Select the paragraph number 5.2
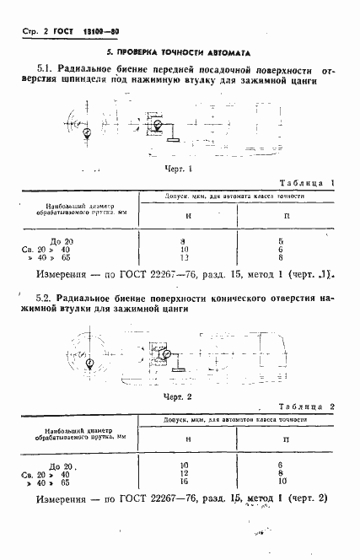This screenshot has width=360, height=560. coord(47,299)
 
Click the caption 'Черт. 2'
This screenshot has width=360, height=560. coord(179,396)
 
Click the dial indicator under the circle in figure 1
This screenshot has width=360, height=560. coord(88,132)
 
